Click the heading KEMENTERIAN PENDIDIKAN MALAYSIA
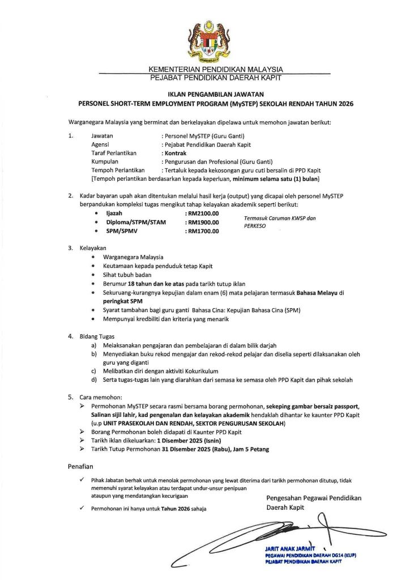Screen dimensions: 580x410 (x=216, y=70)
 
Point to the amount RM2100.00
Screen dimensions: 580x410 (x=202, y=212)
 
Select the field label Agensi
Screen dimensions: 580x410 (x=101, y=144)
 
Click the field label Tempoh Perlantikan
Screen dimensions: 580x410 (x=118, y=170)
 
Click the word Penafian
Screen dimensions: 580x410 (x=79, y=466)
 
